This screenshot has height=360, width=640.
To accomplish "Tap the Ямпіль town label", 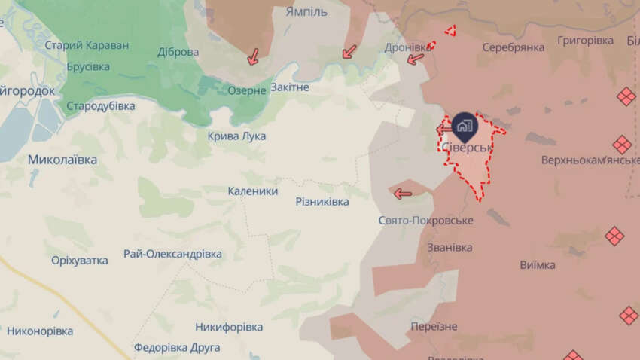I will [x=306, y=12].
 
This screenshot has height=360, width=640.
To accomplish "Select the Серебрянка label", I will [x=514, y=47].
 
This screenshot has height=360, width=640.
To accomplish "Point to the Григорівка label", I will [x=586, y=39].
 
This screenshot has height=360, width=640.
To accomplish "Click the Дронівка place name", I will [x=410, y=46].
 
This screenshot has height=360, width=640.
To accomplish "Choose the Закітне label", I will [x=290, y=87].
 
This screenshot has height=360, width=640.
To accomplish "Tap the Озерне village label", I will [x=247, y=90].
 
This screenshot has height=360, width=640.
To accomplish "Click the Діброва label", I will [x=178, y=52].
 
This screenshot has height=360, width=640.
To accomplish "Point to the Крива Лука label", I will [x=236, y=136].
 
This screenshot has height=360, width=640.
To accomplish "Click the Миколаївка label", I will [x=62, y=160].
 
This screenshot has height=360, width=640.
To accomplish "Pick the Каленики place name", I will [x=253, y=191].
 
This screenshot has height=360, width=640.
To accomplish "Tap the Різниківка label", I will [x=322, y=203].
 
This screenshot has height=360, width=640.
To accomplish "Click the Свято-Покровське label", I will [x=425, y=220].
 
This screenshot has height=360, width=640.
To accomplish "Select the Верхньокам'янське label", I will [x=589, y=160].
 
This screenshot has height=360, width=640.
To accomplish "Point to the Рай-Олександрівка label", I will [x=173, y=255].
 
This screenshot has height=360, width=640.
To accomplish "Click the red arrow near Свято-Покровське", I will [x=403, y=194].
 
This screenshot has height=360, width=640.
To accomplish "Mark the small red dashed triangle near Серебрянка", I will [x=450, y=32].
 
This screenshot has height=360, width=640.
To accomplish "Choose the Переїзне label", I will [x=434, y=326].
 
